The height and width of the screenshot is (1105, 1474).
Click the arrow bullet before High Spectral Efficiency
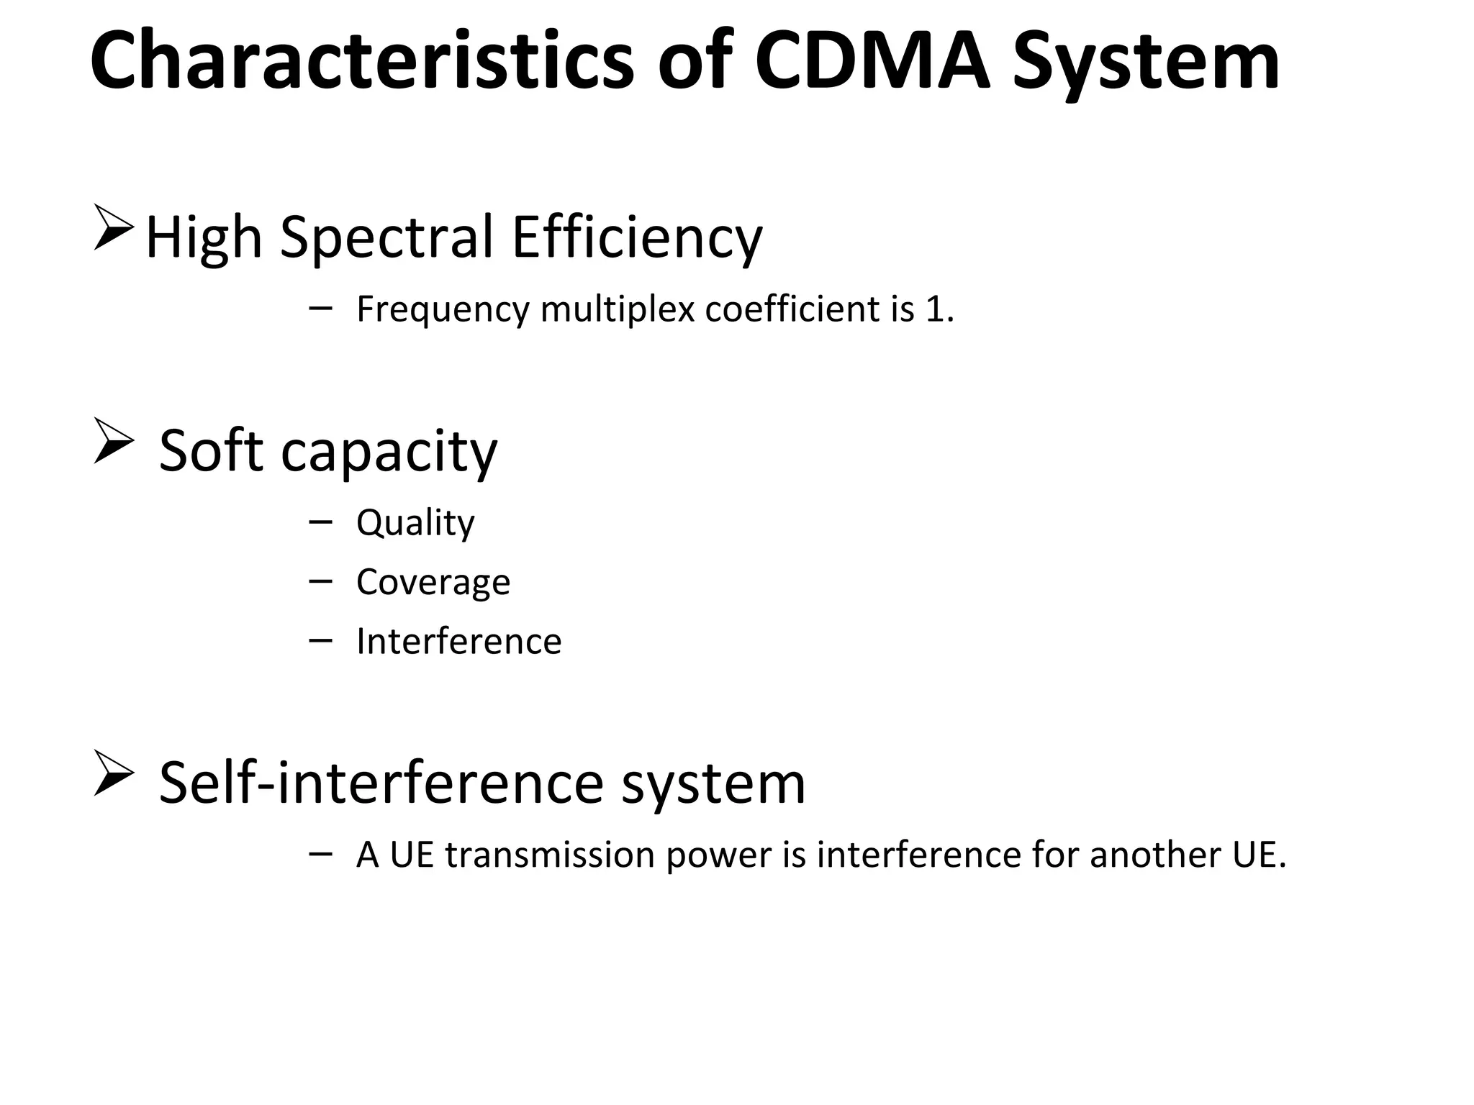pyautogui.click(x=113, y=228)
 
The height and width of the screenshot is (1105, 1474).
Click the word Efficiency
pyautogui.click(x=636, y=237)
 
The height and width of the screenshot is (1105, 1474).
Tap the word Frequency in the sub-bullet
pyautogui.click(x=443, y=310)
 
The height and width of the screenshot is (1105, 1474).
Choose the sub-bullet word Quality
pyautogui.click(x=415, y=523)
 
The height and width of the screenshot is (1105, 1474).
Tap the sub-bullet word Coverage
pyautogui.click(x=433, y=581)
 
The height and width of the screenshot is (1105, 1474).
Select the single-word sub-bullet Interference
pyautogui.click(x=458, y=641)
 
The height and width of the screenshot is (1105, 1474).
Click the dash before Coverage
pyautogui.click(x=320, y=580)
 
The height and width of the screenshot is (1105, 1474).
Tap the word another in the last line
pyautogui.click(x=1151, y=855)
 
